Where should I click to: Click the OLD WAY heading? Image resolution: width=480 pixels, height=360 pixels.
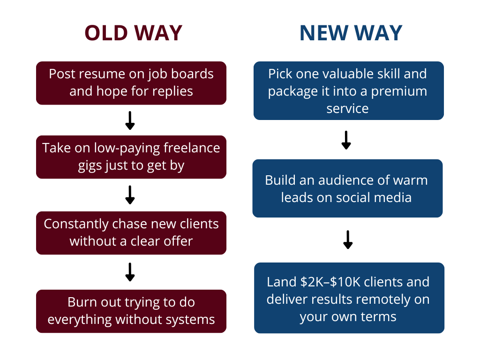coord(134,33)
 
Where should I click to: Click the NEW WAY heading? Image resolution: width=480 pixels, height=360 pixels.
coord(351,33)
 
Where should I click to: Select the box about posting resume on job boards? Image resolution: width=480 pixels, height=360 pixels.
coord(131,83)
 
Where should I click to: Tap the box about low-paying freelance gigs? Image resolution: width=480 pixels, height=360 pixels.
coord(131,157)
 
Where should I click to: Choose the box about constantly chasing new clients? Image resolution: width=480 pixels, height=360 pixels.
coord(131,233)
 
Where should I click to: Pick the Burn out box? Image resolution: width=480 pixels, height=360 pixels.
coord(131,311)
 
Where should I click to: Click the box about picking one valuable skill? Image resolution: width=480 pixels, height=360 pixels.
coord(349,90)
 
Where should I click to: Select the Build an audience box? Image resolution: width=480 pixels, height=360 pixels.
coord(347,188)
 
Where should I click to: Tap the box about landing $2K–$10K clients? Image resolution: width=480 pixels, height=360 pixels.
coord(349,298)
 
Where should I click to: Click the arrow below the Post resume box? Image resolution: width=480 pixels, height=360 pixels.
coord(130,120)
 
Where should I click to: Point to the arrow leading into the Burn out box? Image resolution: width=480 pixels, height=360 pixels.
coord(130,272)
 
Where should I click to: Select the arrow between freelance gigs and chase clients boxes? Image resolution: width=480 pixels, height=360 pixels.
coord(130,195)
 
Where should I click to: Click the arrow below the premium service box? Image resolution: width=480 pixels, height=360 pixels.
coord(346,140)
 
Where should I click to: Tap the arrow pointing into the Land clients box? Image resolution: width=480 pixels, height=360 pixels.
coord(348,240)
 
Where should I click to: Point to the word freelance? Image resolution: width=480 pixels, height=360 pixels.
coord(192,148)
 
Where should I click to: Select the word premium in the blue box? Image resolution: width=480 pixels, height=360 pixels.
coord(399,92)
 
